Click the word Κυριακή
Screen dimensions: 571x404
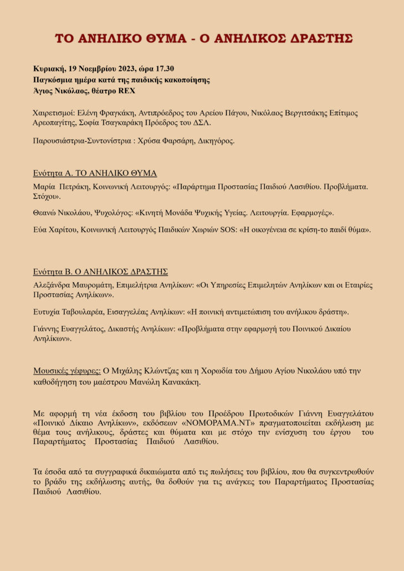(x=49, y=69)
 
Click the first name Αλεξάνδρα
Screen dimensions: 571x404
(x=55, y=285)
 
